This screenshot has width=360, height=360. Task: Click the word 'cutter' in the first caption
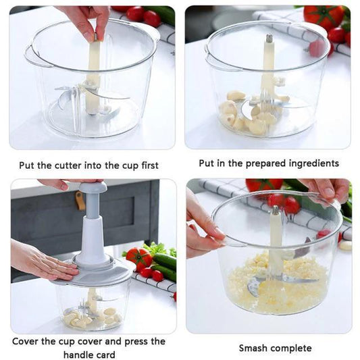tap(64, 164)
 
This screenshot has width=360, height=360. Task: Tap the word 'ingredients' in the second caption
tap(313, 163)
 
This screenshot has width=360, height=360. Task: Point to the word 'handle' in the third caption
tap(80, 355)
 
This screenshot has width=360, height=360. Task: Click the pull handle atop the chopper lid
tap(92, 188)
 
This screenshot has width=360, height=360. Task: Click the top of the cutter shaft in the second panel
tap(269, 41)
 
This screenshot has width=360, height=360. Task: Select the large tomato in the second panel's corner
tap(324, 16)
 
